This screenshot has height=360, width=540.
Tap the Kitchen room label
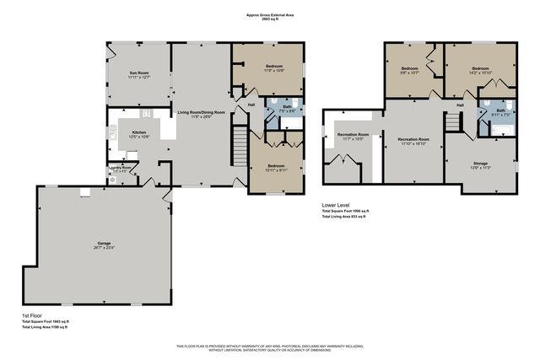click(x=138, y=132)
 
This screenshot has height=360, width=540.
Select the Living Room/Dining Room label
click(x=201, y=113)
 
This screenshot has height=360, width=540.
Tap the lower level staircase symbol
click(x=456, y=121)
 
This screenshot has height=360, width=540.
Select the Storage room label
click(x=478, y=164)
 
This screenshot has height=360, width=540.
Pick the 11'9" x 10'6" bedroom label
click(x=251, y=68)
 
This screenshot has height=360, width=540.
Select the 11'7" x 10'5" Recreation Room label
click(x=353, y=136)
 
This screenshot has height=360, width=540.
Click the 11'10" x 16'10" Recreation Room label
click(x=413, y=141)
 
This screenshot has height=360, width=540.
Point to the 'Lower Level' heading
click(x=336, y=205)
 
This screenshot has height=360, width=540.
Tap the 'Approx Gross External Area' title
click(x=269, y=13)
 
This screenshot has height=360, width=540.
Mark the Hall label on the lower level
click(x=460, y=105)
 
